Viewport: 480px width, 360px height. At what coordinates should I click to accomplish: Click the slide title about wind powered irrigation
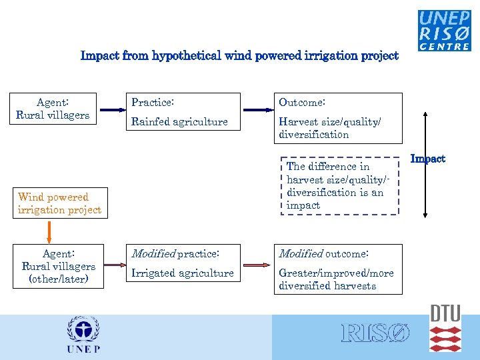click(x=239, y=56)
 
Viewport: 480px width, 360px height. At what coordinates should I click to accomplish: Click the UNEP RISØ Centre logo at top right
click(x=444, y=30)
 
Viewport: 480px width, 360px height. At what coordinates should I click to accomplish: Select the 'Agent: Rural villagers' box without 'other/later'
click(x=53, y=109)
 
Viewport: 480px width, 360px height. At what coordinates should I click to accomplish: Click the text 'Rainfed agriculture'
click(x=179, y=121)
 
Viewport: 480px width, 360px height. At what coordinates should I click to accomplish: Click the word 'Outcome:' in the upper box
click(x=302, y=103)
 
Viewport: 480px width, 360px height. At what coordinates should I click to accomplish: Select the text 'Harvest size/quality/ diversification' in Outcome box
click(x=329, y=128)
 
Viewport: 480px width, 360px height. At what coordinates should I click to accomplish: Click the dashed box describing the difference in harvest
click(x=336, y=186)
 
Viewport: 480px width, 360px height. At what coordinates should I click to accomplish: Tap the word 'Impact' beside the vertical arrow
click(x=427, y=159)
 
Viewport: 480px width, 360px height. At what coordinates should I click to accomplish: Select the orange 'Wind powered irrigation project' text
click(x=59, y=203)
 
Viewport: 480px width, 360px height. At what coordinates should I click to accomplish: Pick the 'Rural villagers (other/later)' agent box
click(x=59, y=266)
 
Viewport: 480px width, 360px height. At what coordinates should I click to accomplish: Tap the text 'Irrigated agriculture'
click(x=182, y=273)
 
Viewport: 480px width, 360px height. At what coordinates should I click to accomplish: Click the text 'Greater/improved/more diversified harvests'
click(x=336, y=279)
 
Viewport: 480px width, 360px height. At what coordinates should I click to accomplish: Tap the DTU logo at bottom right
click(x=445, y=329)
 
